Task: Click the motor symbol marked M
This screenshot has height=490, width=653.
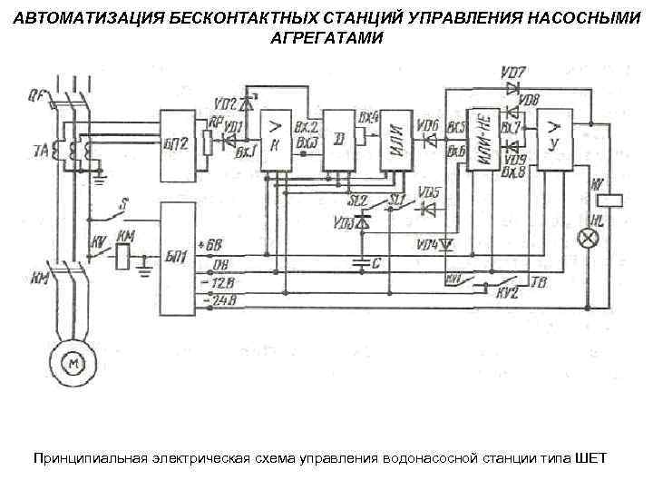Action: [71, 363]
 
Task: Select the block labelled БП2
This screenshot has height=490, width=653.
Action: [178, 142]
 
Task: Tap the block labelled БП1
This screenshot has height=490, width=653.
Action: [178, 258]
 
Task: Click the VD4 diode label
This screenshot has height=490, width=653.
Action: [425, 244]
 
